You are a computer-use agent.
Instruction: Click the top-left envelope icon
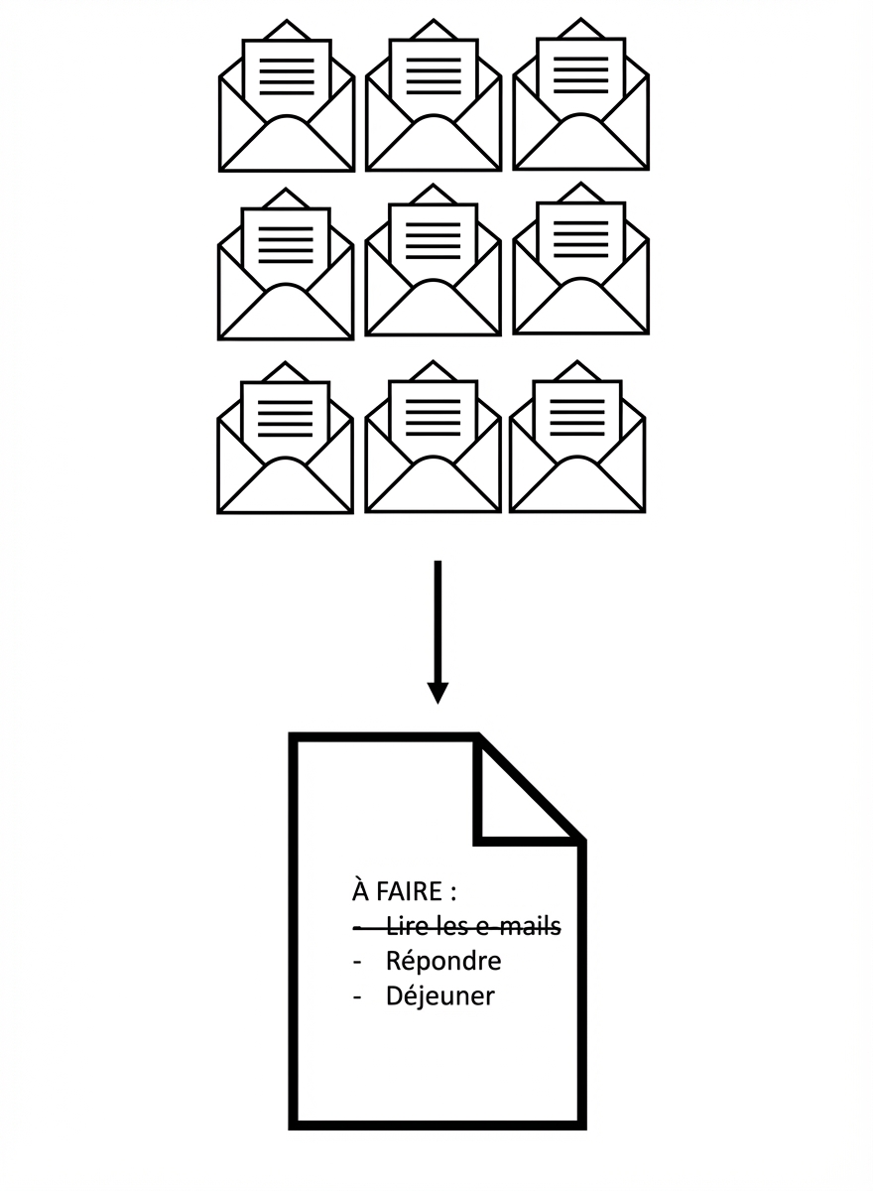[x=287, y=99]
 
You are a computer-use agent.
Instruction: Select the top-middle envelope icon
[x=434, y=99]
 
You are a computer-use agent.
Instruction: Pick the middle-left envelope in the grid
[x=286, y=267]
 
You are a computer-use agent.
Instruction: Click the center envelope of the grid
[x=433, y=263]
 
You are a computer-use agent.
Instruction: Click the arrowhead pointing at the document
[x=437, y=692]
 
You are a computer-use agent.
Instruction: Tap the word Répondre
[x=443, y=961]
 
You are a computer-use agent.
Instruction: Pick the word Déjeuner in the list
[x=439, y=995]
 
